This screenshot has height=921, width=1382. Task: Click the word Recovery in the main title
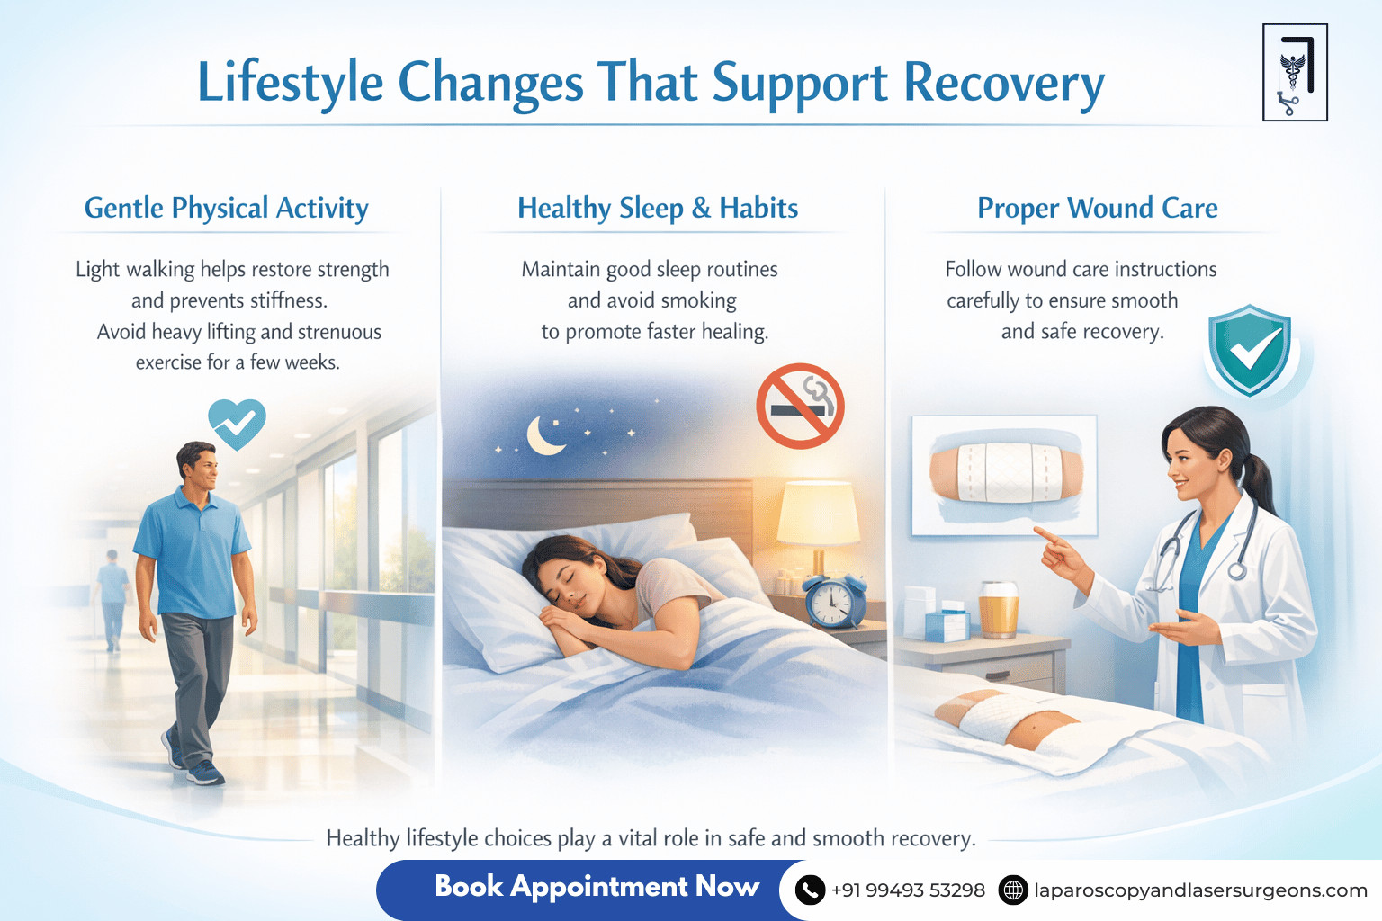point(1004,84)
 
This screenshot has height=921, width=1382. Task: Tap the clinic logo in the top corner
point(1295,73)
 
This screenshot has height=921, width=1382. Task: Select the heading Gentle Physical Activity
point(227,209)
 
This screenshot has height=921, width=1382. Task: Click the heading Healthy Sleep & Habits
point(658,209)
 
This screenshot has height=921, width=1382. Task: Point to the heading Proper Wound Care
point(1098,209)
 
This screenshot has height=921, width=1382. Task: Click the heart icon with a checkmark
point(237,424)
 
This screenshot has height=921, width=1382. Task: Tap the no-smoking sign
point(800,406)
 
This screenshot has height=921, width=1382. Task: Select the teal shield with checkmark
point(1250,350)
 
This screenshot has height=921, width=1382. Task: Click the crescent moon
point(544,436)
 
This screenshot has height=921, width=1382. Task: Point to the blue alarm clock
point(834,600)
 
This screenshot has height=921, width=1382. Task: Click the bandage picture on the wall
point(1004,475)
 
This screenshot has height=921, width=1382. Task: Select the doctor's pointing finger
point(1044,533)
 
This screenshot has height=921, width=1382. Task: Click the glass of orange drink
point(998,610)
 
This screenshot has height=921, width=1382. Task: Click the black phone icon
point(810,890)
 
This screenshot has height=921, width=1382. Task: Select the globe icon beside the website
point(1013,890)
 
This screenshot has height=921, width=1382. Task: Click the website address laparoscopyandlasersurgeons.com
point(1200,890)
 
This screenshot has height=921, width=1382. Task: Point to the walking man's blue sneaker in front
point(206,773)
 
